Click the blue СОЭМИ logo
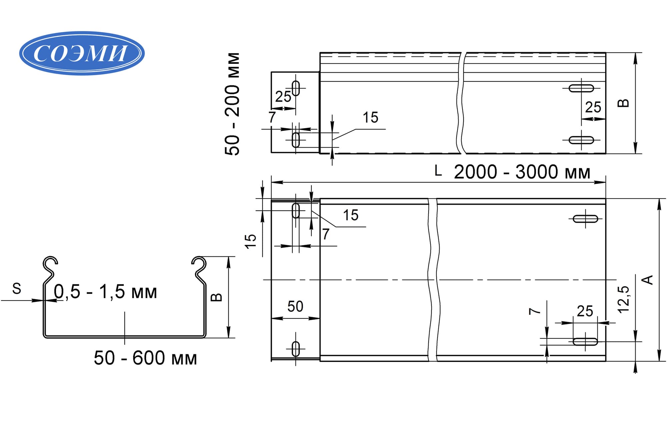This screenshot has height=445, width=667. [x=82, y=53]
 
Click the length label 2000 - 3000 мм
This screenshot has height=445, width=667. [x=522, y=172]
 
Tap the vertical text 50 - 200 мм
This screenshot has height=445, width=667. [x=232, y=104]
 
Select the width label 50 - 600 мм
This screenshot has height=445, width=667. [x=145, y=358]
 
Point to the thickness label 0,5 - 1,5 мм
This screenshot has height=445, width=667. [x=105, y=292]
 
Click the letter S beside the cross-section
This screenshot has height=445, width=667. [x=17, y=288]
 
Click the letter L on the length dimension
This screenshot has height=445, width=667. [x=438, y=171]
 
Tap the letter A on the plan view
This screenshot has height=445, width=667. [x=647, y=280]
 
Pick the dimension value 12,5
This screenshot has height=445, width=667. [x=624, y=299]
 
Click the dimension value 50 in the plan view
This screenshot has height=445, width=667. [x=295, y=306]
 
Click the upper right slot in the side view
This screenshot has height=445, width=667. [x=581, y=88]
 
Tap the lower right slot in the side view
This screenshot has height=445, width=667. [x=581, y=140]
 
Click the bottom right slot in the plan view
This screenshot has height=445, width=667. [x=585, y=342]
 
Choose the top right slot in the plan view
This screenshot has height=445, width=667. [x=585, y=219]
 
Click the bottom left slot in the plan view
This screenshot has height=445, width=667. [x=295, y=349]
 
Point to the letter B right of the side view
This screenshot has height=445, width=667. [x=623, y=103]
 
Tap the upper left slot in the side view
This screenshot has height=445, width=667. [x=296, y=88]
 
